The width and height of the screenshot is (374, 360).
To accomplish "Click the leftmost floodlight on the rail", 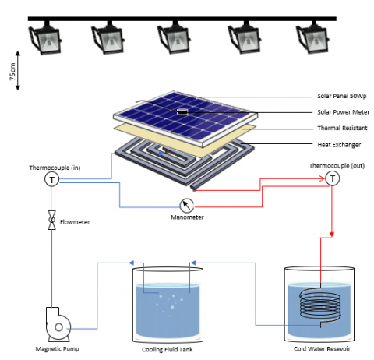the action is pyautogui.click(x=44, y=37).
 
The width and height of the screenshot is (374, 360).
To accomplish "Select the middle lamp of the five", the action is pyautogui.click(x=175, y=37).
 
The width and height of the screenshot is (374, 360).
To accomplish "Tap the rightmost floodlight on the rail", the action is pyautogui.click(x=312, y=37).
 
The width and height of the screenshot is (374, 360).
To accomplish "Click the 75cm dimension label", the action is pyautogui.click(x=12, y=72).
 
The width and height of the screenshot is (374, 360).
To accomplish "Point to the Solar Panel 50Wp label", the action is pyautogui.click(x=342, y=96).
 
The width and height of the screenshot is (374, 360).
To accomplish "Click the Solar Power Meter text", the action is pyautogui.click(x=344, y=112).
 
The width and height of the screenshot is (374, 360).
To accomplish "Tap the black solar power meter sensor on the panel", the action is pyautogui.click(x=182, y=111).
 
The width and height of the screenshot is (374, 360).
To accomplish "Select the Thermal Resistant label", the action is pyautogui.click(x=342, y=128).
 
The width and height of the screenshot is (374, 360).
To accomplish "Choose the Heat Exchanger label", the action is pyautogui.click(x=339, y=145).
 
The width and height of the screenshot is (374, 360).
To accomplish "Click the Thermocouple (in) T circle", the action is pyautogui.click(x=52, y=179).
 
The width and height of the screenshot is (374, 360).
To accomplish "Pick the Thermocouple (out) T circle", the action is pyautogui.click(x=333, y=178).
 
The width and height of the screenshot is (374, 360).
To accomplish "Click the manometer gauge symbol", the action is pyautogui.click(x=187, y=206).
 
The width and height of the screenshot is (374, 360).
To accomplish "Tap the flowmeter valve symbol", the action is pyautogui.click(x=52, y=220).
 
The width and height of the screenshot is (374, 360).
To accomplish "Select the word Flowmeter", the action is pyautogui.click(x=75, y=222).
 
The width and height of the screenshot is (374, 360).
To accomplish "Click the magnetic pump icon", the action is pyautogui.click(x=58, y=324).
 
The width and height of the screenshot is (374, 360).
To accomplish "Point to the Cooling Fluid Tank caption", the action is pyautogui.click(x=168, y=349).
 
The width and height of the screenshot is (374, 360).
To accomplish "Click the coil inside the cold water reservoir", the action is pyautogui.click(x=320, y=305).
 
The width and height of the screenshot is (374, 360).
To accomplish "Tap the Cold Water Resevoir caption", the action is pyautogui.click(x=322, y=349).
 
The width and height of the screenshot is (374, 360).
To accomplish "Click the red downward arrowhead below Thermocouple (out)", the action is pyautogui.click(x=332, y=235).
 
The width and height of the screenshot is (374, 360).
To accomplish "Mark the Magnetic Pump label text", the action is pyautogui.click(x=57, y=349).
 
